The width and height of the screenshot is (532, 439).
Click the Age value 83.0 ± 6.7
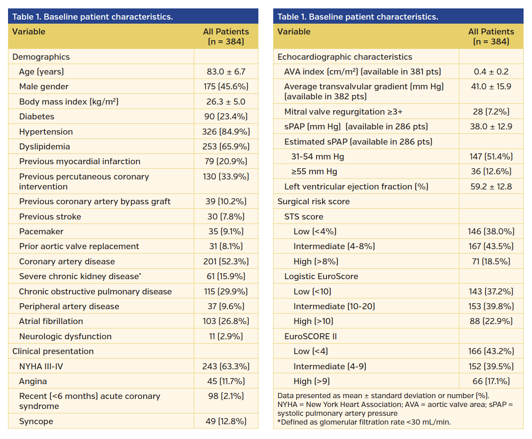(226, 72)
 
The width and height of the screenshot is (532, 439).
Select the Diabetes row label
(37, 117)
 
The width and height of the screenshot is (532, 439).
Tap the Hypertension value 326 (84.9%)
(226, 132)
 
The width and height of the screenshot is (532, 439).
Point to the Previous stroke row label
(50, 217)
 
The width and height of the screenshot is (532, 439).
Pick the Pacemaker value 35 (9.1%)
(226, 232)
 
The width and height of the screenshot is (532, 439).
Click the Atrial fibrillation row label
(51, 321)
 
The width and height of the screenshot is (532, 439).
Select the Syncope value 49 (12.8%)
(226, 421)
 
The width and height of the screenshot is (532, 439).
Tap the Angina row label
(33, 381)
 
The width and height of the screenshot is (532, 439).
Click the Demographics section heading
(41, 57)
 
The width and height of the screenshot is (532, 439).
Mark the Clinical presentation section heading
(53, 351)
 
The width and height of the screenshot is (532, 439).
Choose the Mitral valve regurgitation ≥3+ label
(343, 112)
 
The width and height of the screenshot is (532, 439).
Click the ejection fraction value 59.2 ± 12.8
(491, 187)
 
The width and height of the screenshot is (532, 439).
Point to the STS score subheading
(304, 217)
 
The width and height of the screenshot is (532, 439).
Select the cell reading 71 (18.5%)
(491, 262)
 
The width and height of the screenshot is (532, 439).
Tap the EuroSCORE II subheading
(311, 336)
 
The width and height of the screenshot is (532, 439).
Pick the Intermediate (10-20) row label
(334, 306)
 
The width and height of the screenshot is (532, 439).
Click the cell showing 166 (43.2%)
(491, 351)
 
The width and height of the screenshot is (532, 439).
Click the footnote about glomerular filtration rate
(364, 422)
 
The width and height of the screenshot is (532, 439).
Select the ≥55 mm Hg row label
(314, 171)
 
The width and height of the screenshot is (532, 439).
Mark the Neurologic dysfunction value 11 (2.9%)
(226, 336)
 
